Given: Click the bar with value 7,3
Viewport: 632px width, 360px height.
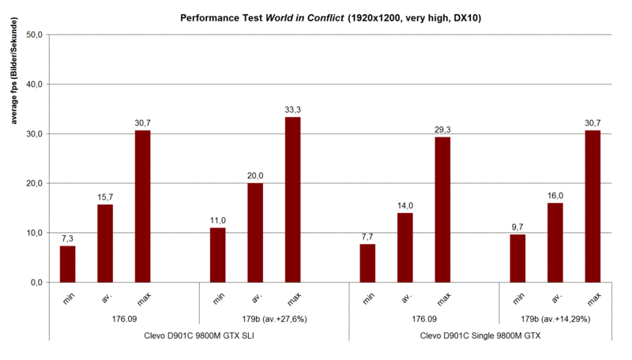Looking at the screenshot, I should tap(68, 264).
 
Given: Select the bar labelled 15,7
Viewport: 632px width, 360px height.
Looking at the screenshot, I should tap(105, 243).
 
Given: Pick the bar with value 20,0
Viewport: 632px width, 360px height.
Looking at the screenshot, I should tap(255, 232).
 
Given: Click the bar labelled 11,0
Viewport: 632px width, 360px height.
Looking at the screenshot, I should tap(217, 254).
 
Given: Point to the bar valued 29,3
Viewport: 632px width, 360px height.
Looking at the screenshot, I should tap(442, 209).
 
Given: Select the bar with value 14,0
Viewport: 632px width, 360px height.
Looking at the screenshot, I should tap(405, 247).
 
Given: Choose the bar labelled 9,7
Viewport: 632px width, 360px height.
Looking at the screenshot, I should tap(517, 258).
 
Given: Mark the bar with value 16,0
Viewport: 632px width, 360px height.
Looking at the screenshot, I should tap(555, 242).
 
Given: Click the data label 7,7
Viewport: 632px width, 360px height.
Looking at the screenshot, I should tap(367, 236).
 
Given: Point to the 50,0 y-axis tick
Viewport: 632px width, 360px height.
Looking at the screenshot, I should tap(36, 35).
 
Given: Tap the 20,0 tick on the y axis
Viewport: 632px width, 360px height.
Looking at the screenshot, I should tap(36, 183).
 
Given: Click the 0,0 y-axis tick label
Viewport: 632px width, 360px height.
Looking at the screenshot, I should tap(38, 283).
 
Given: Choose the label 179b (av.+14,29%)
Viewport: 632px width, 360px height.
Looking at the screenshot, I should tap(555, 319).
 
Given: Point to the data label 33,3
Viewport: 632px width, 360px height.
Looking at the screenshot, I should tap(292, 110).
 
